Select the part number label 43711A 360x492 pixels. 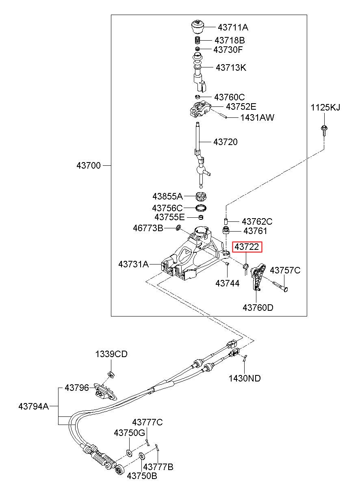click(233, 28)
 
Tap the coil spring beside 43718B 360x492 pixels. click(197, 40)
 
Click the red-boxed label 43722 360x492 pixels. click(247, 247)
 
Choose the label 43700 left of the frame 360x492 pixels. click(89, 165)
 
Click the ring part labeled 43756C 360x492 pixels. click(201, 208)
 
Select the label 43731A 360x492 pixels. click(134, 264)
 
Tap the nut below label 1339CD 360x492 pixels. click(111, 374)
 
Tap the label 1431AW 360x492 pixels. click(257, 117)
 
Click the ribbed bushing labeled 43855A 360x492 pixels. click(201, 196)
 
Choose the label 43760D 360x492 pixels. click(258, 308)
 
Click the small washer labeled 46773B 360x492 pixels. click(178, 228)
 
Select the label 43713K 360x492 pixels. click(231, 67)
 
